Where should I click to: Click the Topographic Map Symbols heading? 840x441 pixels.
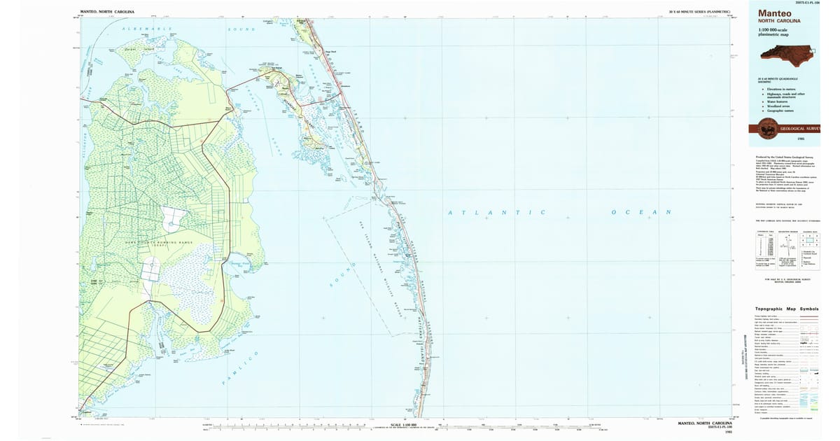coord(786,309)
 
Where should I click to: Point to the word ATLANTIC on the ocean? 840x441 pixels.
coord(496,211)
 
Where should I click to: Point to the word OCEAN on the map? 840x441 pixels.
coord(641,211)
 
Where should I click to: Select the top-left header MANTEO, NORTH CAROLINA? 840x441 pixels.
coord(107,13)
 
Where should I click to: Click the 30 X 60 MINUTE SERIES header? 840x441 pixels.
coord(699,13)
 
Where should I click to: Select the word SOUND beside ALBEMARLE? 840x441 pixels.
coord(241,29)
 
